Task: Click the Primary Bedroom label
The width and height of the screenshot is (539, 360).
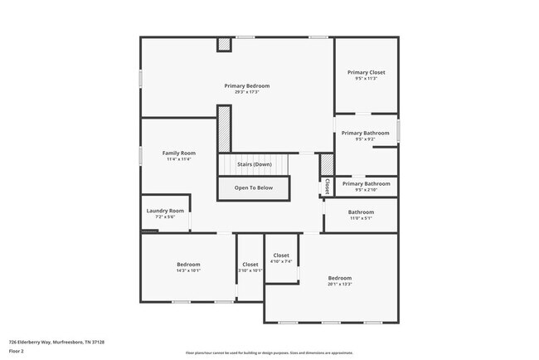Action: coord(247,85)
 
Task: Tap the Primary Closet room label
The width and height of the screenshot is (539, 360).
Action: coord(366,72)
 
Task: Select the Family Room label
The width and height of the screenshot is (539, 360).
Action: coord(178,153)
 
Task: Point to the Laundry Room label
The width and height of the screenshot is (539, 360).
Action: coord(164,211)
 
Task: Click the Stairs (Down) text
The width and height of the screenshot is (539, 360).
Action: coord(254,164)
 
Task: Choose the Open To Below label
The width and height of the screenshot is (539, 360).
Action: coord(254,188)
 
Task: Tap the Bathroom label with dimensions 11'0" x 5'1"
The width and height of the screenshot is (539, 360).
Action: coord(361,212)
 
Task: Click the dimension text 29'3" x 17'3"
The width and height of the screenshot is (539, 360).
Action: coord(247,92)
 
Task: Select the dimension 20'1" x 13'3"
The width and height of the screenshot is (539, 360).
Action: coord(340,284)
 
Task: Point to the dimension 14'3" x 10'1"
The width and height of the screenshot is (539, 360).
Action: coord(188,270)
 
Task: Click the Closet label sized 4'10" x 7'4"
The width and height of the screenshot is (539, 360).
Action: coord(281,255)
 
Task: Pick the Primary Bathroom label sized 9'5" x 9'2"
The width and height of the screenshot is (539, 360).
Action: coord(365,133)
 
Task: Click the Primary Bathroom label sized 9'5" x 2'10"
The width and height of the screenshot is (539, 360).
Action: coord(365,183)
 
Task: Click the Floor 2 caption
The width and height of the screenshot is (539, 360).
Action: coord(17,352)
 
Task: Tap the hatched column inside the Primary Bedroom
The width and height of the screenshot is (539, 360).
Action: coord(223,129)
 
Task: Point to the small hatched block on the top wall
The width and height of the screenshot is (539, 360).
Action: coord(223,44)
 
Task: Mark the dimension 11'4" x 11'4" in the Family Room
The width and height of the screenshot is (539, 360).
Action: coord(178,159)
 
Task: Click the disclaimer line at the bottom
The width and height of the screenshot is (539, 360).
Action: coord(269,353)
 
